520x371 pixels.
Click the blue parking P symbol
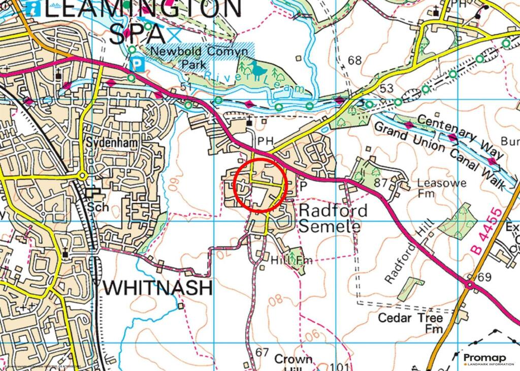pyautogui.click(x=137, y=64)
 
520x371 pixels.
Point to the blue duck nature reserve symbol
pyautogui.click(x=258, y=70)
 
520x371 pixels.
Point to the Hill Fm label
pyautogui.click(x=292, y=260)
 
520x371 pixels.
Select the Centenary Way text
pyautogui.click(x=463, y=136)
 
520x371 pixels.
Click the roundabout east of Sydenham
pyautogui.click(x=82, y=176)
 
